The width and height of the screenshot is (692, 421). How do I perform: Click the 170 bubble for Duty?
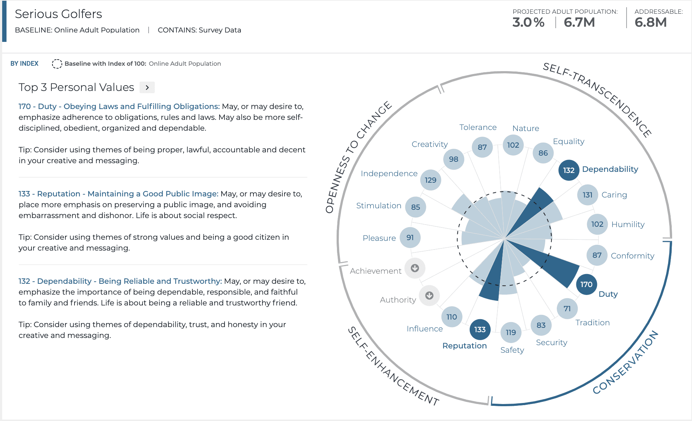point(586,285)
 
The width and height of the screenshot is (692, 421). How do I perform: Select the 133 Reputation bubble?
point(480,329)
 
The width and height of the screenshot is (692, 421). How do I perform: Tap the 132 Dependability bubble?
point(569,170)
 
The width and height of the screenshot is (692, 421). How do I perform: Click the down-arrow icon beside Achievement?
point(415,268)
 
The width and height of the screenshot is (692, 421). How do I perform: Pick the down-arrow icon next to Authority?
point(429,296)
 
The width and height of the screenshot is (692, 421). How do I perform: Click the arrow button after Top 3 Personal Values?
point(147,87)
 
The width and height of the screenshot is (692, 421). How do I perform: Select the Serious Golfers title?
point(59,14)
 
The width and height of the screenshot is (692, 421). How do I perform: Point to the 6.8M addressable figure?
point(650,22)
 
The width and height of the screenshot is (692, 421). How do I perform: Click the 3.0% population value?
point(528,22)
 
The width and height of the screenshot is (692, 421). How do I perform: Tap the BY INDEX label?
point(24,64)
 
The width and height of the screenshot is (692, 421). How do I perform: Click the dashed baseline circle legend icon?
point(57,64)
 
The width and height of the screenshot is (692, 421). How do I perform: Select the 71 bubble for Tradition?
point(567,309)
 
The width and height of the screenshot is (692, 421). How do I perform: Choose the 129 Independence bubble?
point(430,180)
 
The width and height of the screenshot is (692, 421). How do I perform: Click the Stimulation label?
point(379,206)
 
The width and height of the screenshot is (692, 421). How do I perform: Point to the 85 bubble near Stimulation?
point(415,207)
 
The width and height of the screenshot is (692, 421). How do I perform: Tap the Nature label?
point(525,129)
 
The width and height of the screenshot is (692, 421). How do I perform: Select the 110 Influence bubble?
point(452,317)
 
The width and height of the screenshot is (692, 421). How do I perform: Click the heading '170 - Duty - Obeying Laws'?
point(119,107)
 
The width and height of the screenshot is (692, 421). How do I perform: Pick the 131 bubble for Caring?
point(588,195)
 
